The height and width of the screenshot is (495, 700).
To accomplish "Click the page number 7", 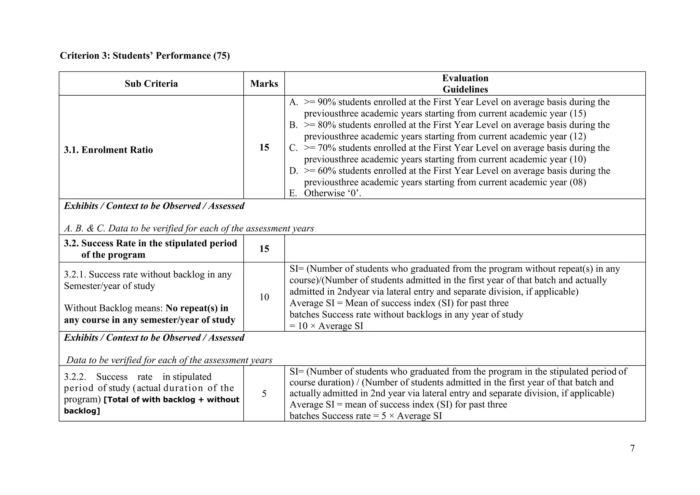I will [x=632, y=448].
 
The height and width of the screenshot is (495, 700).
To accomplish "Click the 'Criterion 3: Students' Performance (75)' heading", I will [x=145, y=56].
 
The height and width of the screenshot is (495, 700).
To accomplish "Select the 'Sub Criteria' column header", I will [x=151, y=84].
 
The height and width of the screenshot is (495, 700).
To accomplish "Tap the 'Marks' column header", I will [x=264, y=84].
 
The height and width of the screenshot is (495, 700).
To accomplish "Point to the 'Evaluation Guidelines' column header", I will [x=465, y=84].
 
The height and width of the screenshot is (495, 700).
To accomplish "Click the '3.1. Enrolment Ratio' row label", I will [x=108, y=150].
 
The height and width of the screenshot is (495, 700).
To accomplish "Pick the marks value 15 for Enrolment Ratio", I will [x=264, y=147].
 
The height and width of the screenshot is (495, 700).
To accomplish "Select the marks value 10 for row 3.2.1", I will [x=264, y=297].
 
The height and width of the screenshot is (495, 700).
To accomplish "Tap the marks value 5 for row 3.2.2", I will [x=264, y=394].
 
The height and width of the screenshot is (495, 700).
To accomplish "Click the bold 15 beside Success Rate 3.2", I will [x=264, y=249].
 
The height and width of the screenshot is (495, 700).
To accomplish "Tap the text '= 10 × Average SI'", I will [x=326, y=326].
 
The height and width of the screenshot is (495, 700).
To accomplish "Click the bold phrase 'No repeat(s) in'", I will [x=197, y=308].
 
